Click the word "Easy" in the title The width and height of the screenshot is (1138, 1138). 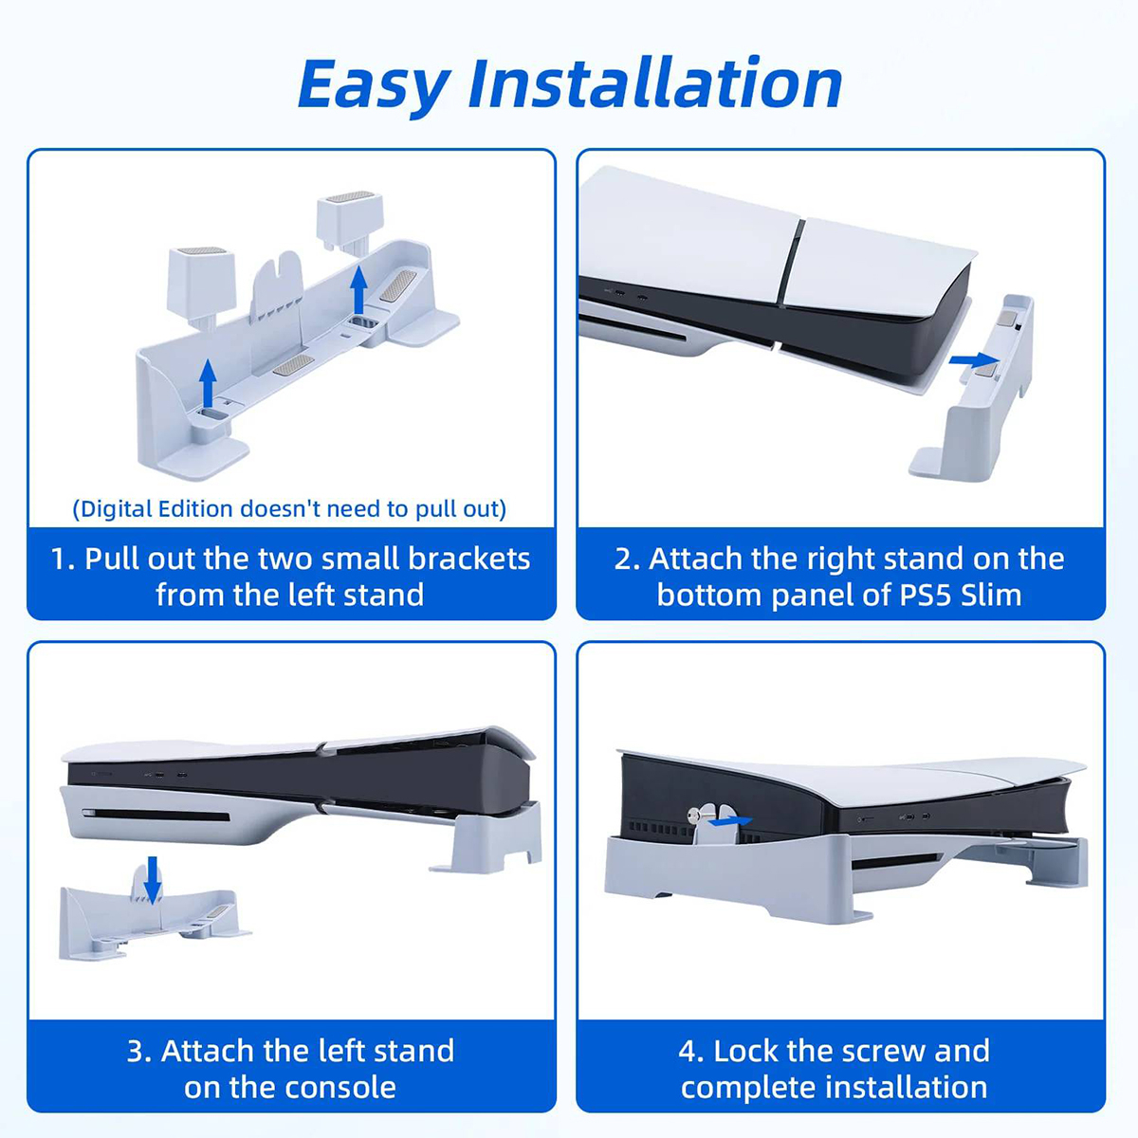[375, 85]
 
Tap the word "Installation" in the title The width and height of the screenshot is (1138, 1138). [655, 83]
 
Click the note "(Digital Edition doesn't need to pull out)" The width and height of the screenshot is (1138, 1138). [289, 508]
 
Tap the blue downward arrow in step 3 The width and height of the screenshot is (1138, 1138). [153, 880]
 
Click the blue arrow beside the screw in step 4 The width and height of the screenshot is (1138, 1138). [730, 821]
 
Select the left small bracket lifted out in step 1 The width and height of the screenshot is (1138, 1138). [201, 287]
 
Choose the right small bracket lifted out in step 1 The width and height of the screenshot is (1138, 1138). [350, 223]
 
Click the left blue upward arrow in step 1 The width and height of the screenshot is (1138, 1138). [208, 383]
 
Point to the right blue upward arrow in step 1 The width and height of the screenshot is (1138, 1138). [358, 289]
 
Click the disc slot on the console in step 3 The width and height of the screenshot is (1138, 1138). [156, 817]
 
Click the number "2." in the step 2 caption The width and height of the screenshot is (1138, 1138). [627, 559]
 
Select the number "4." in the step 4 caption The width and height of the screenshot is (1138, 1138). [691, 1052]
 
